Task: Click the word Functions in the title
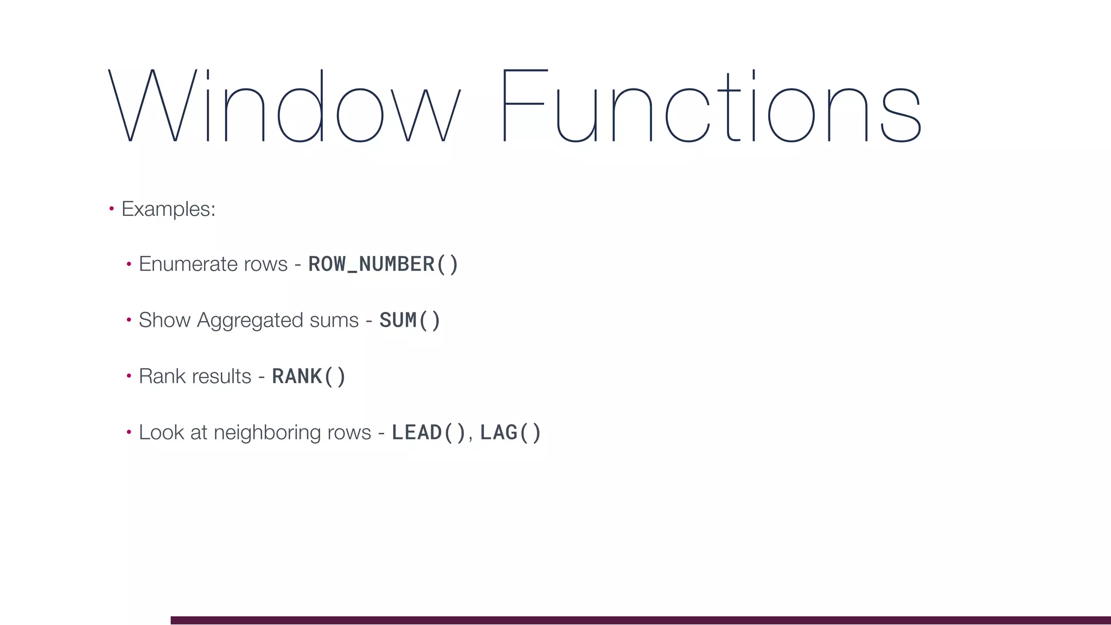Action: click(x=711, y=105)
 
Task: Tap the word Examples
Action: click(x=168, y=209)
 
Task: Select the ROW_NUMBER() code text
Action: click(x=383, y=264)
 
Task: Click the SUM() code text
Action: click(x=410, y=320)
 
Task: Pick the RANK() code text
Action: click(x=309, y=377)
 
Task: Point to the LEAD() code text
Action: click(x=429, y=432)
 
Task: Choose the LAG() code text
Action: click(x=510, y=432)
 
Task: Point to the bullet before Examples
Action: click(x=111, y=208)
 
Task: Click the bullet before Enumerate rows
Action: click(x=129, y=264)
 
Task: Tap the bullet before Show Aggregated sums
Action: click(x=129, y=320)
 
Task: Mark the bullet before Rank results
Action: click(x=129, y=376)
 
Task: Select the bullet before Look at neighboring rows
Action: click(x=129, y=432)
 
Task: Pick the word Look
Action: click(x=161, y=432)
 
